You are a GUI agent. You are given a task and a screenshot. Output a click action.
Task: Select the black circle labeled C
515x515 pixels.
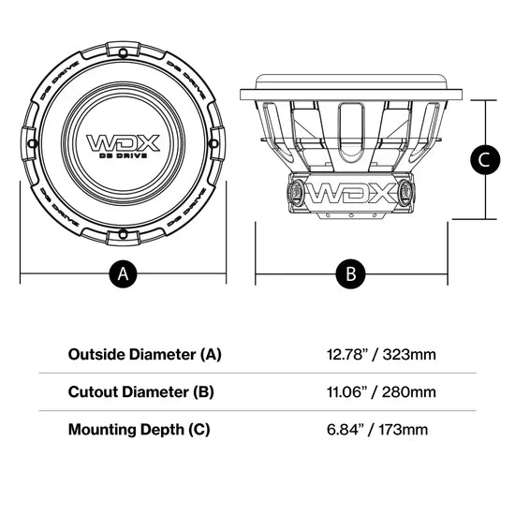tap(483, 160)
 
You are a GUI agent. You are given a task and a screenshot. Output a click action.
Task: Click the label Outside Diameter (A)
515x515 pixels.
tap(144, 355)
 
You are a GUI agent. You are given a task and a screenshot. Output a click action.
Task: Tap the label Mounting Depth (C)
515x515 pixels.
tap(140, 430)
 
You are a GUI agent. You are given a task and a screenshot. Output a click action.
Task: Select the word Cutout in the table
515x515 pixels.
tap(93, 392)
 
